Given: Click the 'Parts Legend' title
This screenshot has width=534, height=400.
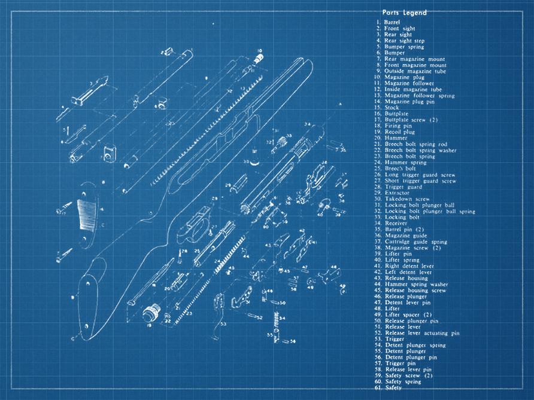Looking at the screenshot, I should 404,13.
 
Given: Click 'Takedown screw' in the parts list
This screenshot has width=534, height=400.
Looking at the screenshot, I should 407,199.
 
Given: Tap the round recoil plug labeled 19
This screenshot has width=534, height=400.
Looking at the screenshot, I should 152,313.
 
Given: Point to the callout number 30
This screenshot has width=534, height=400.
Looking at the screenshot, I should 245,162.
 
